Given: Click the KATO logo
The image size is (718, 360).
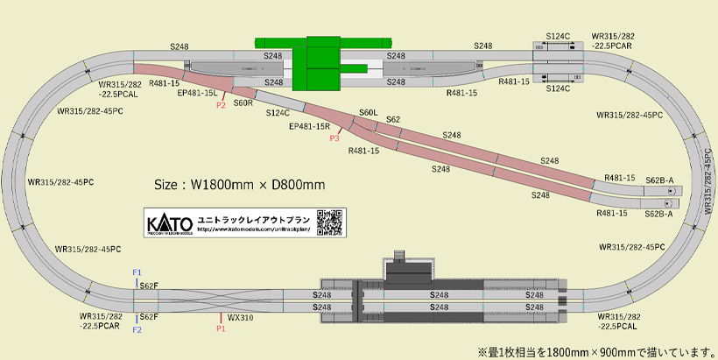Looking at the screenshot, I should tap(164, 221).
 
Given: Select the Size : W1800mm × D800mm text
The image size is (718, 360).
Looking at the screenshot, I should tap(239, 185).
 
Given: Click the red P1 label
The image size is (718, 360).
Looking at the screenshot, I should tap(221, 329).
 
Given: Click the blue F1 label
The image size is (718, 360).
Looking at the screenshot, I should tap(137, 272).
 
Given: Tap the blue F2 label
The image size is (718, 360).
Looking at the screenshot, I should tap(137, 330).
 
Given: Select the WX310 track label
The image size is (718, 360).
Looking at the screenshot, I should tap(240, 317).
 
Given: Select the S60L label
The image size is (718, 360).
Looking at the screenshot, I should tap(368, 113).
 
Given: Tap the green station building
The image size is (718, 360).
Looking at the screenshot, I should tap(322, 63).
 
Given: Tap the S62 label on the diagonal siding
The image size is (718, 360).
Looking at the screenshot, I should tap(393, 119).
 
